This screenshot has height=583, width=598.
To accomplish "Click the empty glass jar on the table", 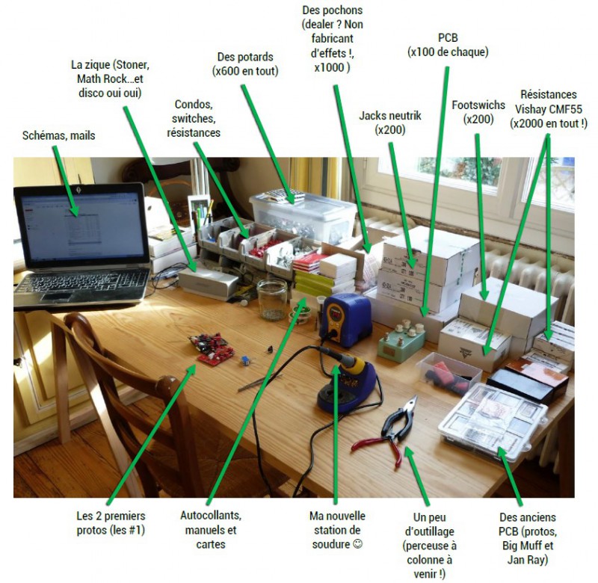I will pyautogui.click(x=271, y=298).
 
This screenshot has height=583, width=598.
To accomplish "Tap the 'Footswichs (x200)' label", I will pyautogui.click(x=478, y=111).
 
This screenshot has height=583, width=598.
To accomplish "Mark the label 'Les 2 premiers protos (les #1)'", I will pyautogui.click(x=111, y=523).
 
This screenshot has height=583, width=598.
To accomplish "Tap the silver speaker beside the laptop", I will pyautogui.click(x=207, y=283).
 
